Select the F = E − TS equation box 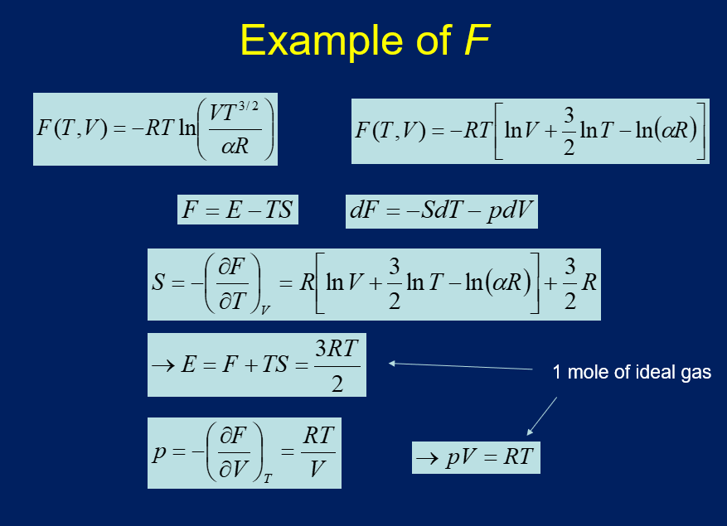[x=238, y=210]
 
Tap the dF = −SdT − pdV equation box [x=443, y=211]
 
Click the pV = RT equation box [x=476, y=457]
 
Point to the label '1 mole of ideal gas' [x=632, y=373]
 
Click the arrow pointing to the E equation [x=460, y=365]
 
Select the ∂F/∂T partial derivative [x=233, y=283]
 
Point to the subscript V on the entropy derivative [x=264, y=308]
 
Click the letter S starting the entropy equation [x=158, y=283]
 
